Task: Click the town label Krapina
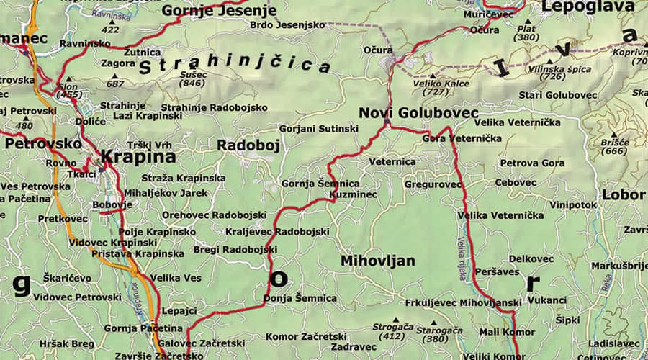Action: point(138,156)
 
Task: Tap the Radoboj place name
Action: point(248,145)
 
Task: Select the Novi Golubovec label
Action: point(418,113)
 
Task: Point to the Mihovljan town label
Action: point(377,261)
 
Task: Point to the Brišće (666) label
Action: point(604,147)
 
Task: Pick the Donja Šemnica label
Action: point(300,298)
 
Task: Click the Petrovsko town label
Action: point(43,143)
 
